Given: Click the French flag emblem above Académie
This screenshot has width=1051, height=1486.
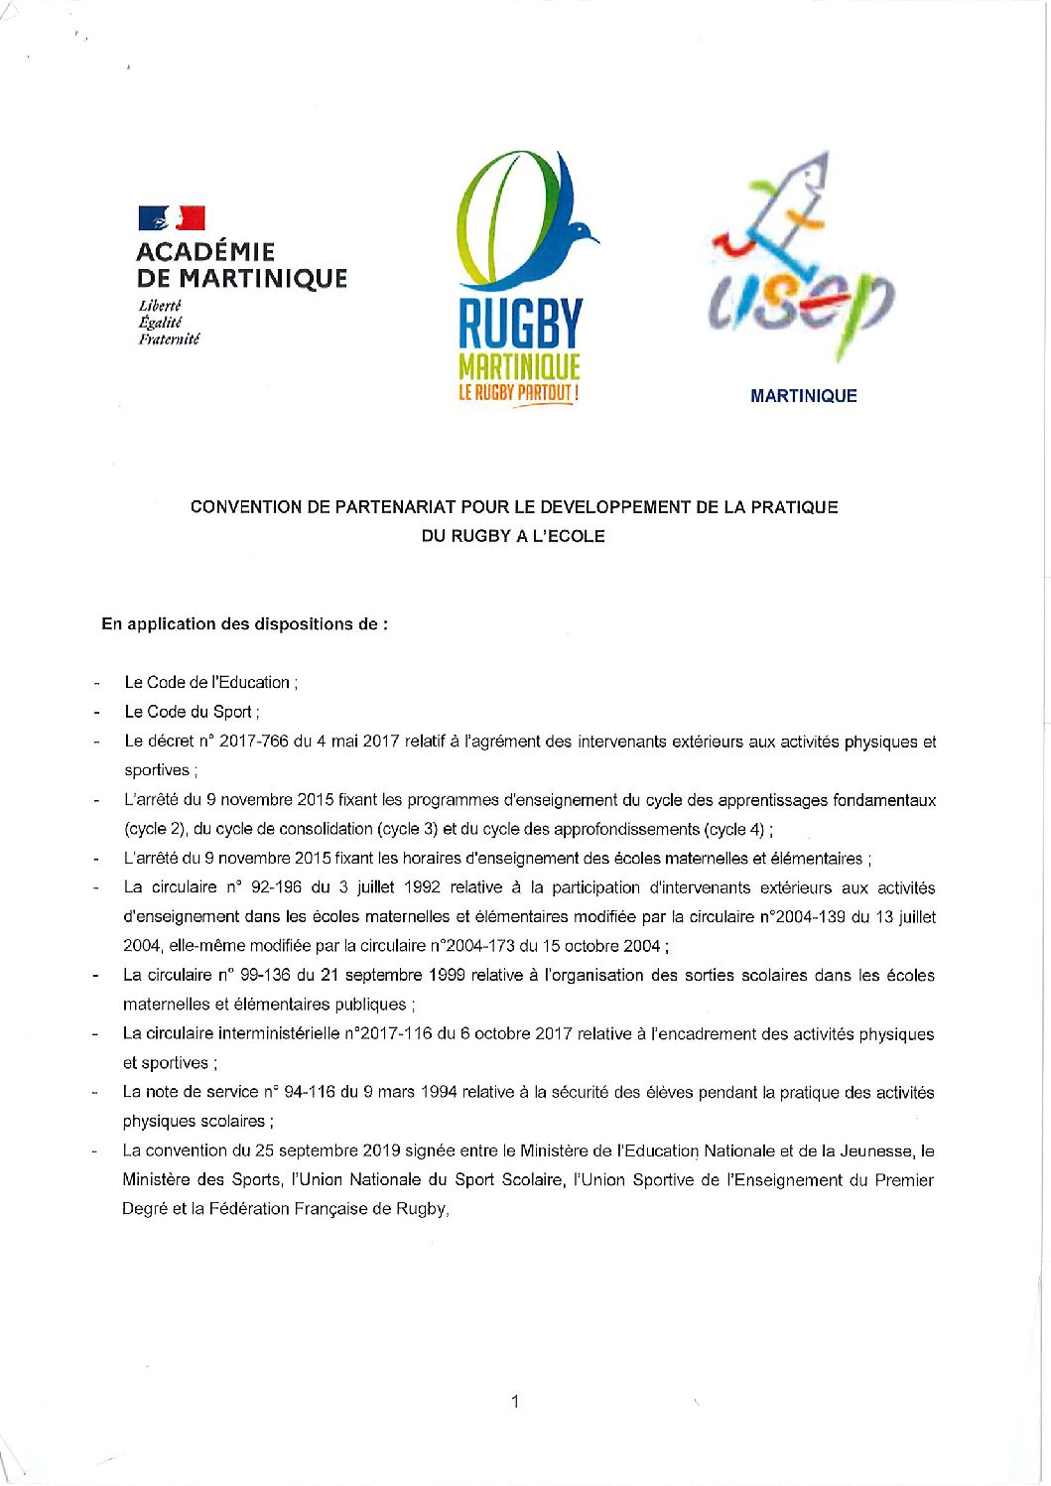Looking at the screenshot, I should click(172, 218).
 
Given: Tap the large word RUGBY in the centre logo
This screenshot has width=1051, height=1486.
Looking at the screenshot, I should click(519, 325).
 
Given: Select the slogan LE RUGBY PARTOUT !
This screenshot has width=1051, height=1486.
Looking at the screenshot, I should click(518, 393).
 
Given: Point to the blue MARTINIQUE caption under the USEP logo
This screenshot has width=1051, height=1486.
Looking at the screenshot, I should click(803, 396).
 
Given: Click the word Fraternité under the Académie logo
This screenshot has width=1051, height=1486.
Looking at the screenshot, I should click(169, 339).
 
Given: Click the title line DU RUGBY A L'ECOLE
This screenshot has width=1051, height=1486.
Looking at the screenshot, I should click(513, 536).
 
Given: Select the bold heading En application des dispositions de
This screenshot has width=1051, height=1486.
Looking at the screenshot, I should click(244, 624).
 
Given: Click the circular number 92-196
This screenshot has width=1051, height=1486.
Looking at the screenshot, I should click(268, 887).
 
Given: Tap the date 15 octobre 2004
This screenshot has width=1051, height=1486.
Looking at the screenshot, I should click(604, 946).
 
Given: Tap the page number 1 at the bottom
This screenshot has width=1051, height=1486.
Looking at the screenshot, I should click(514, 1402).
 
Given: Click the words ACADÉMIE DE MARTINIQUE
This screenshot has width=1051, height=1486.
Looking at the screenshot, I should click(241, 265).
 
